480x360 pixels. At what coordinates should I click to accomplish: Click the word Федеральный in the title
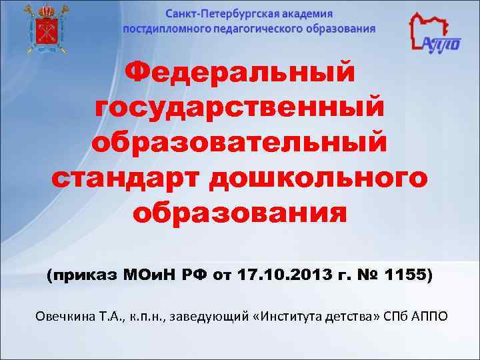click(240, 72)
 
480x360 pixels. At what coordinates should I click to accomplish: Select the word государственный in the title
click(240, 107)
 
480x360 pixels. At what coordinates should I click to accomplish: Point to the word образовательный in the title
click(240, 143)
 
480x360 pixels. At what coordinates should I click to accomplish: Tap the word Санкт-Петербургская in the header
click(213, 14)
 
